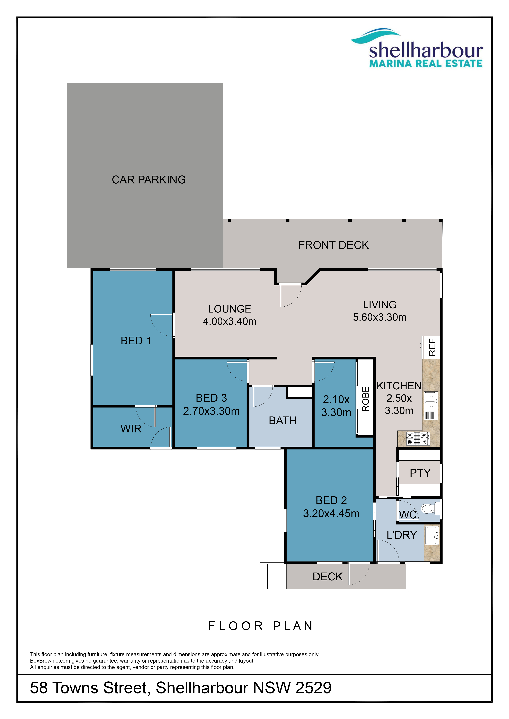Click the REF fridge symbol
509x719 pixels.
click(431, 347)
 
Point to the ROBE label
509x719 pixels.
click(365, 399)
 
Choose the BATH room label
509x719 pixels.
click(283, 421)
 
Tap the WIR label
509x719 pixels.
click(131, 429)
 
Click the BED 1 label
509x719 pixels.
click(136, 341)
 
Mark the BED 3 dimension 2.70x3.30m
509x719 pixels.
click(211, 411)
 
